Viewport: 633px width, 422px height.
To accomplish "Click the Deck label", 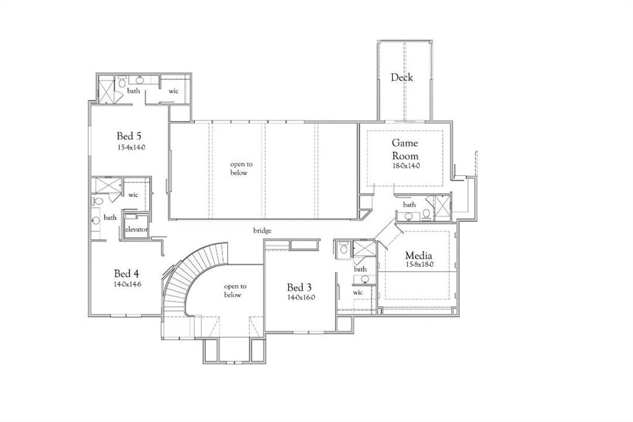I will point(402,77).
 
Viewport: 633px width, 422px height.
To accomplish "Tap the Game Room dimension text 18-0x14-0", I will point(405,166).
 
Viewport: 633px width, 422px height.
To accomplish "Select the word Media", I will point(418,255).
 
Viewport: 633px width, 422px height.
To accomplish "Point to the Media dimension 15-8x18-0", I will point(418,264).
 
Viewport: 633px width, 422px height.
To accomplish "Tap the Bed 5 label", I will point(130,136).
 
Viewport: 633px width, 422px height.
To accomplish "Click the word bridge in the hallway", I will point(262,231).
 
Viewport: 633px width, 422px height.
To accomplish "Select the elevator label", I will point(136,230).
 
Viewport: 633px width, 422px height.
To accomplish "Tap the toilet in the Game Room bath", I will point(426,215).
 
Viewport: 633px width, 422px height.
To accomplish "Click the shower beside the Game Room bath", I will point(443,206).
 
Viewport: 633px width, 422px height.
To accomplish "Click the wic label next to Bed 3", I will point(358,292).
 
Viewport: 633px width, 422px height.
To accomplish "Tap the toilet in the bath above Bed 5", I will point(122,82).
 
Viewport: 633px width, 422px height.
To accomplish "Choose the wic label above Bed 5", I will point(174,91).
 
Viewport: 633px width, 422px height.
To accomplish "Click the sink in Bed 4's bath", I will point(96,218).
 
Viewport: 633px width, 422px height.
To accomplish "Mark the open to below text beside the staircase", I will point(235,290).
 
